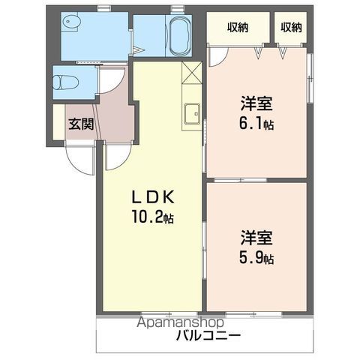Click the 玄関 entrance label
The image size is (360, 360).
[x=81, y=124]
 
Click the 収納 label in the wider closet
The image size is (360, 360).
[x=238, y=28]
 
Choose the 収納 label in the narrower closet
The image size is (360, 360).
[x=292, y=28]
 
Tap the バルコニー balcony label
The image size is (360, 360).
[x=208, y=336]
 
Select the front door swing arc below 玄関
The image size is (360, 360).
[x=77, y=155]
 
